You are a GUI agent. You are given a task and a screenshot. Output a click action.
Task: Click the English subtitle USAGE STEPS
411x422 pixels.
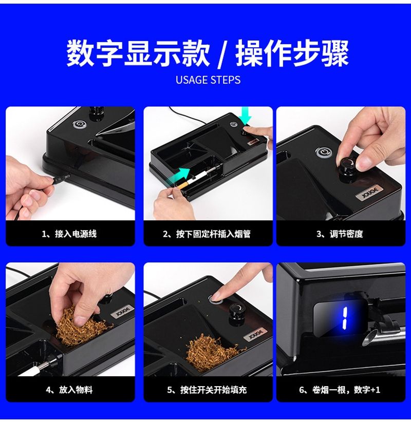(x=208, y=80)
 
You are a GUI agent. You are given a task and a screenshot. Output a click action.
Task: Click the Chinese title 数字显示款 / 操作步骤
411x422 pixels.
(x=208, y=53)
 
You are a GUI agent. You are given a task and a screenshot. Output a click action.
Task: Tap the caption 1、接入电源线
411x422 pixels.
(x=69, y=234)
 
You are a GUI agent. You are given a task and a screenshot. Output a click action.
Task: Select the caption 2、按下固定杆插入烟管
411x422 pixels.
(x=207, y=234)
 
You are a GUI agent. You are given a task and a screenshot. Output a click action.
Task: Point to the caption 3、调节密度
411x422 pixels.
(x=340, y=234)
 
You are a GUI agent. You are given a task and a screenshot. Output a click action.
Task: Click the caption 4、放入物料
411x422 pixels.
(x=69, y=390)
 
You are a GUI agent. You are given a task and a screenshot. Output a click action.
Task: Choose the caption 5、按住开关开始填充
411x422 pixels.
(x=207, y=390)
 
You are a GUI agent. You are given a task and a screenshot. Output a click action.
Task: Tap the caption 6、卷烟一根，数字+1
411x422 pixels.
(x=340, y=390)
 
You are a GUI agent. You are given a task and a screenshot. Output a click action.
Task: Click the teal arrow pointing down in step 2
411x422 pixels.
(x=246, y=116)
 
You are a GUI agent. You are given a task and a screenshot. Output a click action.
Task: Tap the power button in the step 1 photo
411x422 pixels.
(x=79, y=124)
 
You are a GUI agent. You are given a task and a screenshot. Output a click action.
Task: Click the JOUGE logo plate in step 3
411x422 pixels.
(x=369, y=193)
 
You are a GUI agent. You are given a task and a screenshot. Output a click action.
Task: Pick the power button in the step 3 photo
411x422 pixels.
(x=324, y=152)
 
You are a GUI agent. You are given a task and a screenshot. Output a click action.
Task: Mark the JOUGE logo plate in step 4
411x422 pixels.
(x=123, y=312)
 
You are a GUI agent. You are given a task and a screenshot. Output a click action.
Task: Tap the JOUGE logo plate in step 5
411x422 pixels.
(x=255, y=335)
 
